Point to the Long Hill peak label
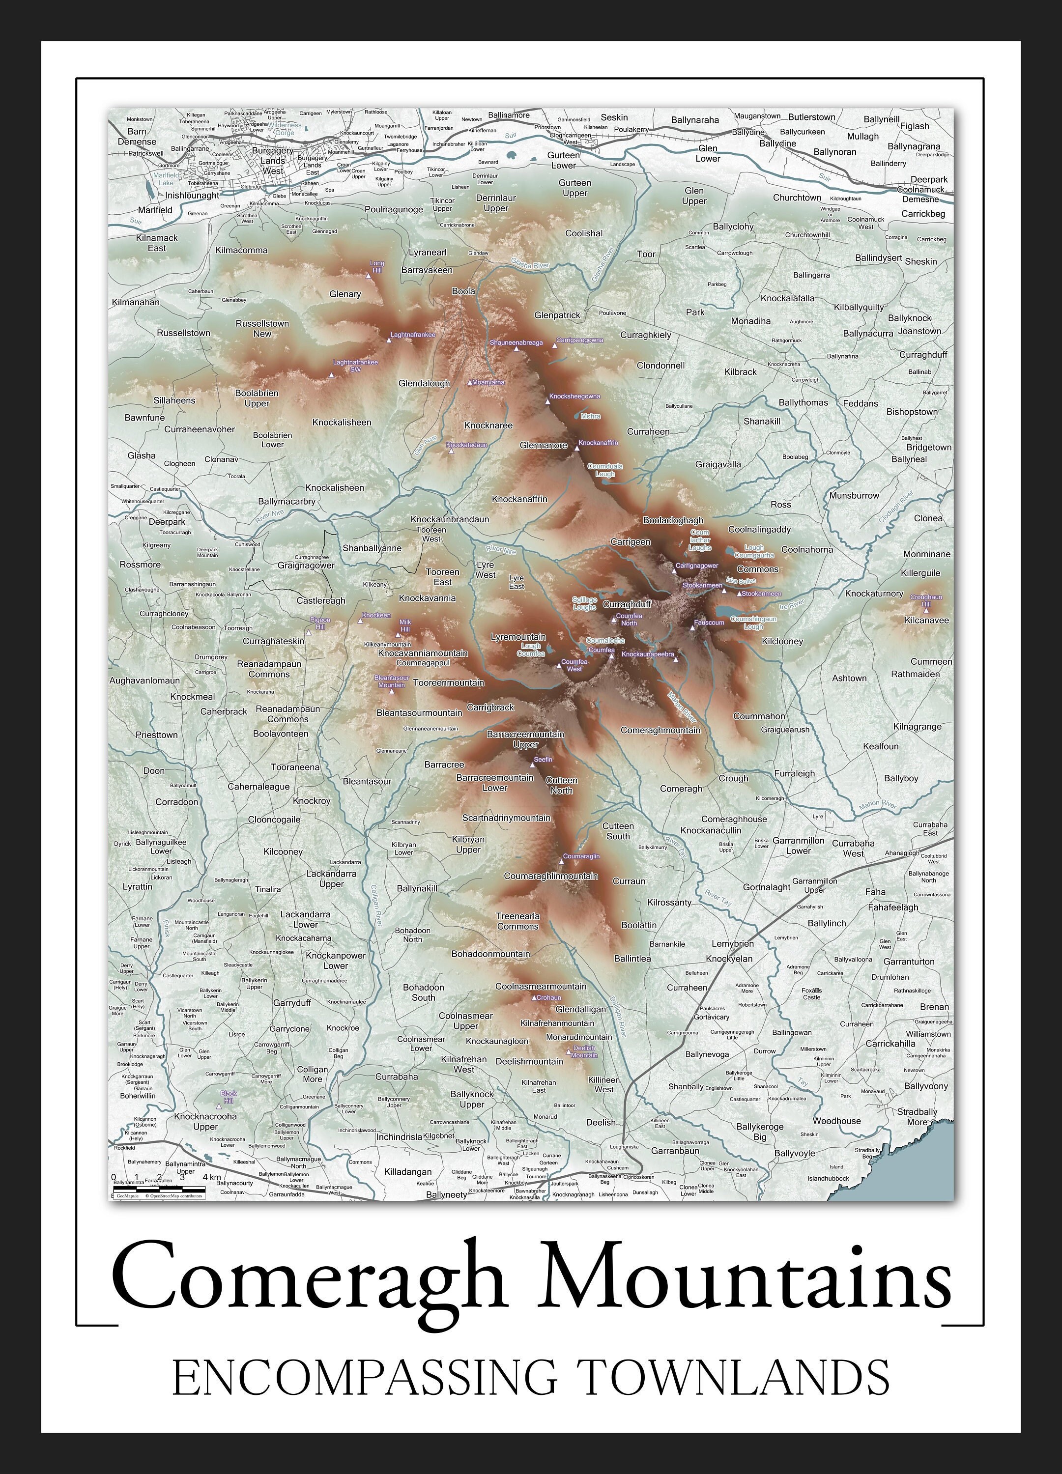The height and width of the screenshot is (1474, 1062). tap(377, 266)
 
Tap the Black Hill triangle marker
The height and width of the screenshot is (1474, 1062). tap(218, 1105)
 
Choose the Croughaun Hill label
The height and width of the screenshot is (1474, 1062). tap(926, 600)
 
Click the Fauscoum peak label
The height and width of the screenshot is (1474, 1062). tap(709, 622)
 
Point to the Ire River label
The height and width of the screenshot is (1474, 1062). tap(792, 604)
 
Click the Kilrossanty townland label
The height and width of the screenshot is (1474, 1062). tap(669, 902)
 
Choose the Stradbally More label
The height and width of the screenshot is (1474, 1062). tap(917, 1116)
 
